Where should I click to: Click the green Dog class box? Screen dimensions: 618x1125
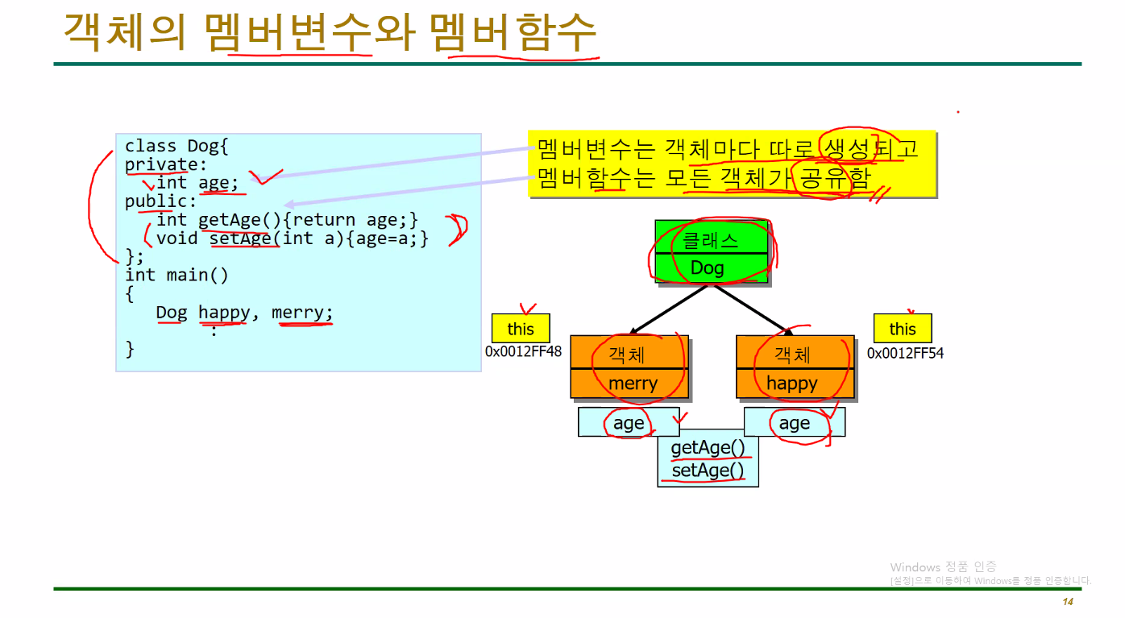coord(712,252)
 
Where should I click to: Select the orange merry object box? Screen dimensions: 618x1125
coord(629,367)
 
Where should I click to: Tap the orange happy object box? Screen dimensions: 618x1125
coord(795,367)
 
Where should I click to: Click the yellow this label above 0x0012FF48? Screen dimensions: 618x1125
coord(521,329)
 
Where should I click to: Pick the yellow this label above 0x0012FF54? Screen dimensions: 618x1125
coord(903,329)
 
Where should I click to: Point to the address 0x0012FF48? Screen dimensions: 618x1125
coord(524,352)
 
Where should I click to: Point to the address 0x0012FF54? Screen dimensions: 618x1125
coord(905,353)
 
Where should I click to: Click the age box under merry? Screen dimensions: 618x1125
coord(629,422)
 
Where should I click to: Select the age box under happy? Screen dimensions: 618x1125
coord(794,422)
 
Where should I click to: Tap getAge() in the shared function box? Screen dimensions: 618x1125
coord(708,448)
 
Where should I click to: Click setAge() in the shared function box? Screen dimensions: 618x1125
coord(708,471)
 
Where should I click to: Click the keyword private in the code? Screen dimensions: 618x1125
coord(156,164)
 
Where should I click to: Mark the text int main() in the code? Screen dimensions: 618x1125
coord(176,275)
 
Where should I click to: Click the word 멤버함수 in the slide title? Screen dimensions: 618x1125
coord(513,34)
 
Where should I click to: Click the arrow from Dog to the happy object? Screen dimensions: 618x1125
coord(749,308)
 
